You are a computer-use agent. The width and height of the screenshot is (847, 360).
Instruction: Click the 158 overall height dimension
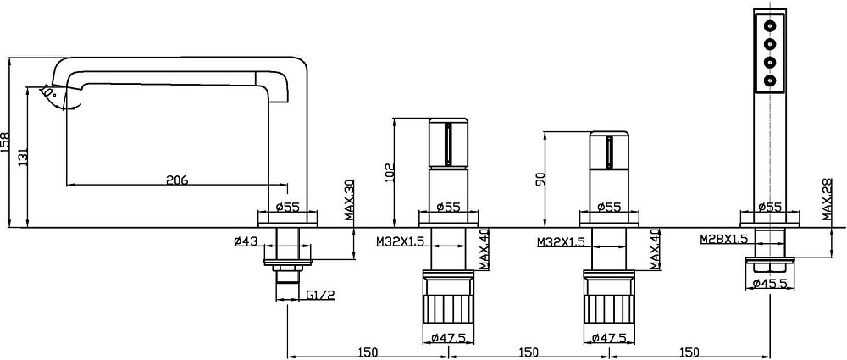tap(6, 142)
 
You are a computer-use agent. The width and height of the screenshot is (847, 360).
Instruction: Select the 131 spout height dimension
tap(23, 156)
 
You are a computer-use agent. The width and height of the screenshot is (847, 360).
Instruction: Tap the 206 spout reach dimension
tap(177, 180)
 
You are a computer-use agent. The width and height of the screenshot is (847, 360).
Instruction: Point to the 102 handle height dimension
tap(390, 173)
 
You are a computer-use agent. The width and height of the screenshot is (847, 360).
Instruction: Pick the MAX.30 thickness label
tap(349, 201)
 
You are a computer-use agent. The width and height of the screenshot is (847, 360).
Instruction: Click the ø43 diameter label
tap(246, 241)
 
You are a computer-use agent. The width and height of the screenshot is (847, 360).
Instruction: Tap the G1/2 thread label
tap(321, 295)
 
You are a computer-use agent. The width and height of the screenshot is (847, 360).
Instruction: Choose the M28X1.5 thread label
tap(724, 239)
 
